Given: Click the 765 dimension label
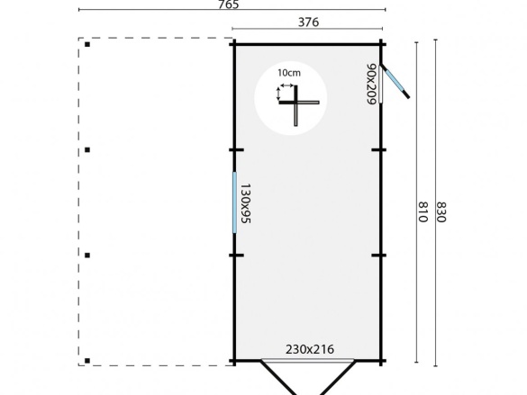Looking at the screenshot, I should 228,5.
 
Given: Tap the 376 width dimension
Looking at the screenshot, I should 307,22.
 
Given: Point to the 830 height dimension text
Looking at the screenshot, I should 441,214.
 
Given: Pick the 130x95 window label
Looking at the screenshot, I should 246,202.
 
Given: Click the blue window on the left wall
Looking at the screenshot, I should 234,202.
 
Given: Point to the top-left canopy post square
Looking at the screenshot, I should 86,41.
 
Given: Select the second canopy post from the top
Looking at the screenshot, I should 86,149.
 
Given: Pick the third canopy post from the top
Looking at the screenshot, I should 86,256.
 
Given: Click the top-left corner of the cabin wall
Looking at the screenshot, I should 234,41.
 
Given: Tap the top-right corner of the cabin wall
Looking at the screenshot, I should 382,41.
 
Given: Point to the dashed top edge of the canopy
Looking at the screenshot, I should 158,39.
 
